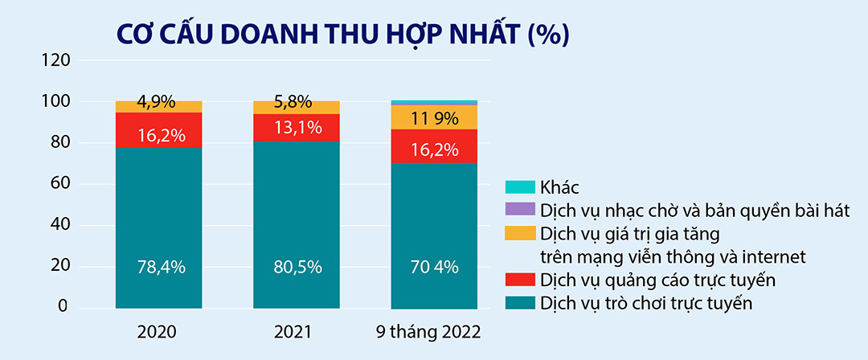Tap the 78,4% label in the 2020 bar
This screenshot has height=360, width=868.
[159, 267]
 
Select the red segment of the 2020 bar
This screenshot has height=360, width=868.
[159, 130]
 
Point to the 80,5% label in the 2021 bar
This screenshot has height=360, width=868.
[297, 267]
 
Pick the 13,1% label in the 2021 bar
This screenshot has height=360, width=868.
[297, 127]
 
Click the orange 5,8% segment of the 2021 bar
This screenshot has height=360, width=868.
[297, 108]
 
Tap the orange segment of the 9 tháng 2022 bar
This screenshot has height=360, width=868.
[434, 117]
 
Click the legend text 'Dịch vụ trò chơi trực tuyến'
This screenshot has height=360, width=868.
[647, 304]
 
